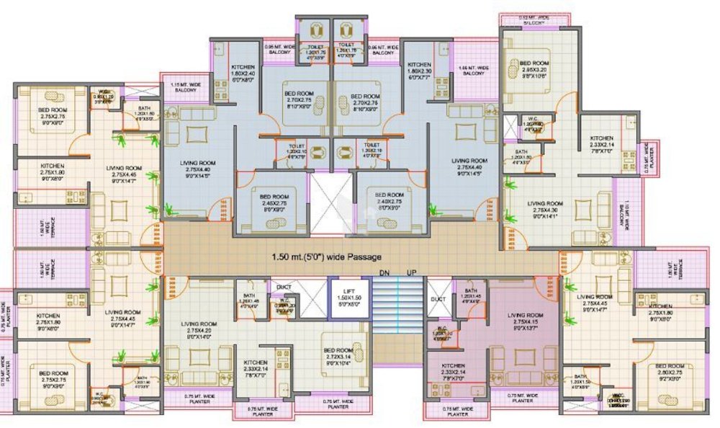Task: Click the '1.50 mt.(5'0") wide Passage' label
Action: point(327,257)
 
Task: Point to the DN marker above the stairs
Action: point(384,273)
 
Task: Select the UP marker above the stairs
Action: point(411,273)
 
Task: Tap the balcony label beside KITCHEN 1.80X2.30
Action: point(473,71)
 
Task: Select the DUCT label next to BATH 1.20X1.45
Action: point(438,298)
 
